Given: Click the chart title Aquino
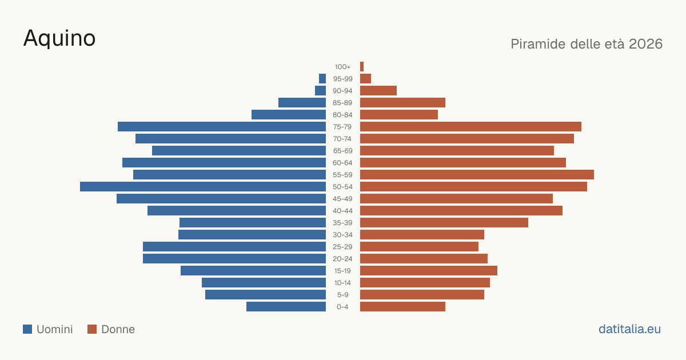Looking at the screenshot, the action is pos(59,38).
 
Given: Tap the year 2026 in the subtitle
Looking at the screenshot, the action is pos(645,44).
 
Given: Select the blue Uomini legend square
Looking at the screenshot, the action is pos(27,329).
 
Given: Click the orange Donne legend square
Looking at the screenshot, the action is pos(92,329).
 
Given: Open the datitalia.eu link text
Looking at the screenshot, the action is pos(629,329).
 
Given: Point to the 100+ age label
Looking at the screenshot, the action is pos(342,67).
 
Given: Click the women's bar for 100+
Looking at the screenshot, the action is pos(362,67).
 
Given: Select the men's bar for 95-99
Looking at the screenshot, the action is pos(322,79).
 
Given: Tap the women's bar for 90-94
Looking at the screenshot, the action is pos(378,91).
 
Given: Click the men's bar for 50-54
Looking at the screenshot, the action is pos(203,187).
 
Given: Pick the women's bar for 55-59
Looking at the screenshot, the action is pos(477,175).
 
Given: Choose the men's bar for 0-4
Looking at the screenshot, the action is pos(286,307).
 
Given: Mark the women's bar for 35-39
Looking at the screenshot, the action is pos(444,223).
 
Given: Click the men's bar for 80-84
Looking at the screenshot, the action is pos(289,115).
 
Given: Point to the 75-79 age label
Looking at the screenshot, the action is pos(342,127).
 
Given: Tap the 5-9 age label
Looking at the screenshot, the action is pos(342,295).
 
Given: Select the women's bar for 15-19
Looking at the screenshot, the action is pos(429,271).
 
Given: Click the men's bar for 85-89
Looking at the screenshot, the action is pos(302,102).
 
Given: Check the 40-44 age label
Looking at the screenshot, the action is pos(342,211).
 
